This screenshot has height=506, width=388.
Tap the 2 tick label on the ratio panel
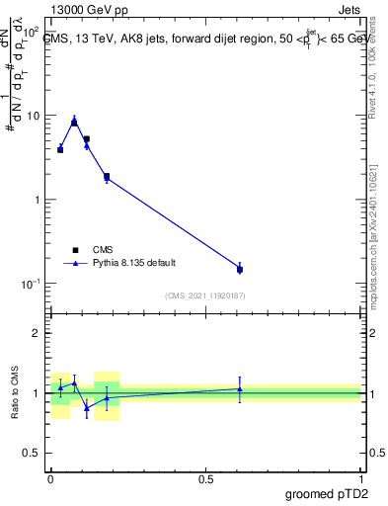click(x=37, y=333)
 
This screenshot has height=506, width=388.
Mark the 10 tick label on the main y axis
click(x=33, y=116)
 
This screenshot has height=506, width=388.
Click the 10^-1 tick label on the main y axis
click(x=31, y=284)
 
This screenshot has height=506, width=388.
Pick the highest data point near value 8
click(x=74, y=122)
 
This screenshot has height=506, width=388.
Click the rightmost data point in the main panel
click(x=240, y=269)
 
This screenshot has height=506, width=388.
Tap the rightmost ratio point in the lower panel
click(x=240, y=388)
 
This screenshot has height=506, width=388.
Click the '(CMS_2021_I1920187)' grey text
click(x=205, y=295)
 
